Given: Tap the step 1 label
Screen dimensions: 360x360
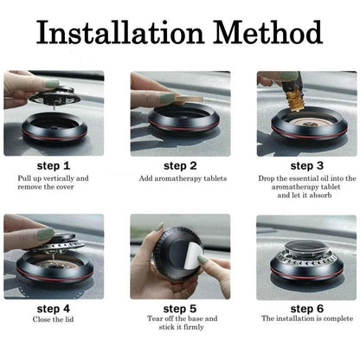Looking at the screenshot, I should tap(53, 165).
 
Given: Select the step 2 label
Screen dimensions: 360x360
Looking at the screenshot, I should tap(181, 165).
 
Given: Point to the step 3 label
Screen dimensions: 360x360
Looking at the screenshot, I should tap(307, 165).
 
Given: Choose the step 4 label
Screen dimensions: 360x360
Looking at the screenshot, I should tap(53, 306).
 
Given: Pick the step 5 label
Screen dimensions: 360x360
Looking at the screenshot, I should tap(181, 306).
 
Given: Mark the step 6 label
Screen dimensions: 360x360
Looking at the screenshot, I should tap(307, 306).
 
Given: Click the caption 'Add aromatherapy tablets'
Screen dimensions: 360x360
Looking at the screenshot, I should tap(181, 179).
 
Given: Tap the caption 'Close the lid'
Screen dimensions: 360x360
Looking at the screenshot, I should tap(53, 320).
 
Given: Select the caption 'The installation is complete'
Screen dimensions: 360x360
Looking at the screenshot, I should tap(307, 320).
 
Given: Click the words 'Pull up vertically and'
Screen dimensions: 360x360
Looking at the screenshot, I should tap(53, 179).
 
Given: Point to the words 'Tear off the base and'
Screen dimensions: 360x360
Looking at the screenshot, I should tap(181, 320).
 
